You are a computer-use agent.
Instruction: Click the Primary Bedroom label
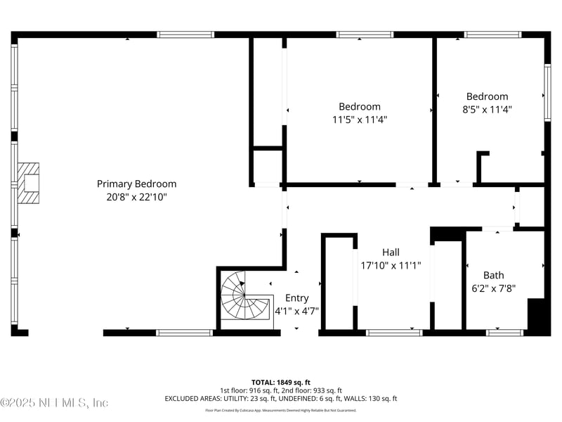(x=136, y=184)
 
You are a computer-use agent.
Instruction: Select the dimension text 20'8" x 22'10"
(x=136, y=197)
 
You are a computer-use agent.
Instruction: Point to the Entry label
(x=296, y=298)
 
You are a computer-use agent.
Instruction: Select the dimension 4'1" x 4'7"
(x=296, y=310)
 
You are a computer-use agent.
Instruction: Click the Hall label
(x=391, y=252)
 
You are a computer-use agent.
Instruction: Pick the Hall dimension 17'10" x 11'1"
(x=391, y=265)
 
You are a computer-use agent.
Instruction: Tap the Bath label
(x=493, y=275)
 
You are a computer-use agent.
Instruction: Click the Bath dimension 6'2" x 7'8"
(x=493, y=288)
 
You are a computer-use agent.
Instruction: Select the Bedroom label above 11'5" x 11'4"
(x=360, y=106)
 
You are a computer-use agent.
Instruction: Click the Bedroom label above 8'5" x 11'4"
(x=487, y=96)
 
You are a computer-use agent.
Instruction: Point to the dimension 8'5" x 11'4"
(x=487, y=109)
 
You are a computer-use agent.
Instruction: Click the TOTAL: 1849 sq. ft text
(x=281, y=382)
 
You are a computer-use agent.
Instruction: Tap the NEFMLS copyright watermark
(x=55, y=403)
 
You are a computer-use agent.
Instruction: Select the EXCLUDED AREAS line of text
(x=281, y=398)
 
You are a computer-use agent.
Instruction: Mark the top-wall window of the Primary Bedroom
(x=185, y=34)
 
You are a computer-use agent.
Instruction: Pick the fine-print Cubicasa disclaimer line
(x=281, y=410)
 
